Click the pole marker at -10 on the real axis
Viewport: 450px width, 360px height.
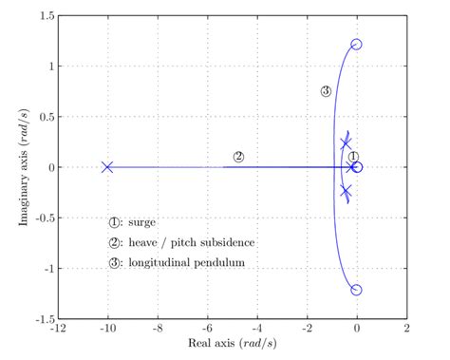point(107,167)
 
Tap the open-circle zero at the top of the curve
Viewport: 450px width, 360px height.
point(357,45)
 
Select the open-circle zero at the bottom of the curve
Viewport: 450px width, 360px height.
point(357,290)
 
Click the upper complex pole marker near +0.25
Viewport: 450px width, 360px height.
point(347,143)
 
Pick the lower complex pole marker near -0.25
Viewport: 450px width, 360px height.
point(347,191)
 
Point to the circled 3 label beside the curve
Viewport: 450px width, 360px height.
point(326,91)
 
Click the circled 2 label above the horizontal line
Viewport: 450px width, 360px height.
point(238,157)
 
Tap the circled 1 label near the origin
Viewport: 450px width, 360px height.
point(353,157)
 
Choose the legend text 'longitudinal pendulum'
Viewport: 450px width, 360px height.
point(184,262)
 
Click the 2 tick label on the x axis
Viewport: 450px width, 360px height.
point(406,329)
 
